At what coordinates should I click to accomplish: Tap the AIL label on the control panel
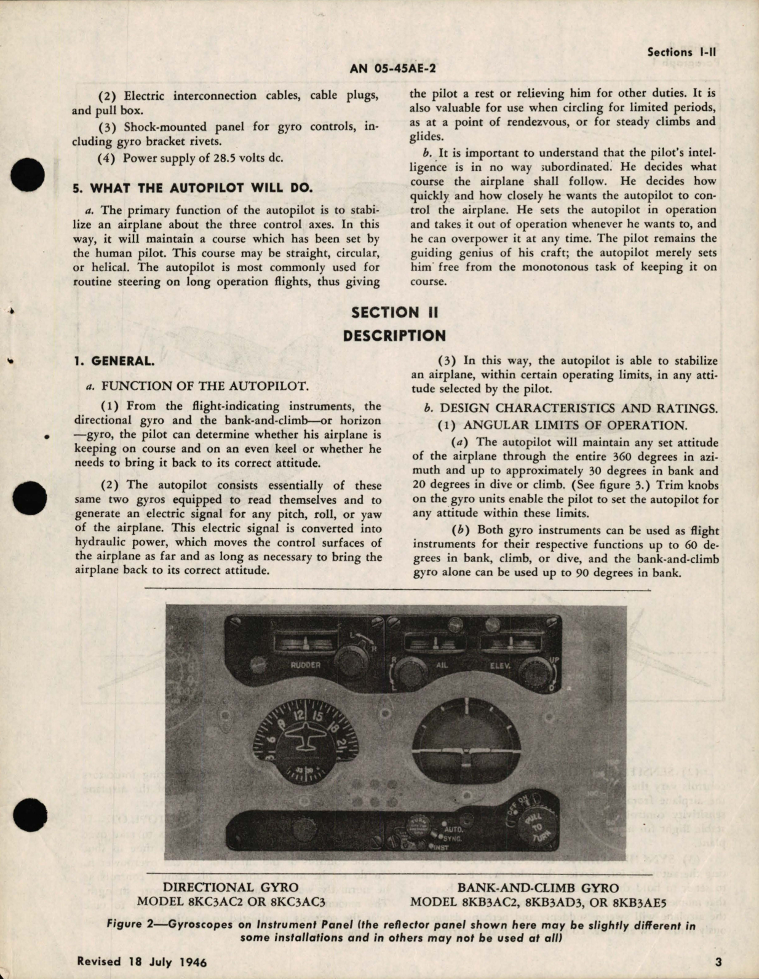click(442, 665)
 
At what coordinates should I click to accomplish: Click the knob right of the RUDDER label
click(346, 661)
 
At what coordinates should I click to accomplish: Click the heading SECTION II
click(394, 312)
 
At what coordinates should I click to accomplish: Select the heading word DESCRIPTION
click(394, 336)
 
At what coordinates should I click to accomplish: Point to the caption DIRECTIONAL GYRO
click(232, 887)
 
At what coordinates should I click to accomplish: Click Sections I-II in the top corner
click(682, 52)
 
